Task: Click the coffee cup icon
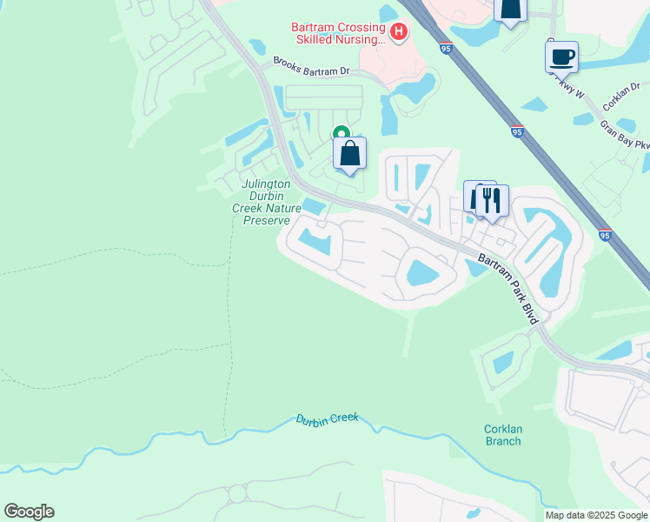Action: (561, 57)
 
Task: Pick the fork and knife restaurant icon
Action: (492, 200)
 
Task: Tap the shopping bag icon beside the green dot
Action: (349, 154)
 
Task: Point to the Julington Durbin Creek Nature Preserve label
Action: (266, 203)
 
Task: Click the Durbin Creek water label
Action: (328, 418)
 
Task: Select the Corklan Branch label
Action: (503, 434)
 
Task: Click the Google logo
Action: (29, 511)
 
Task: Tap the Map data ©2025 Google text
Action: (595, 515)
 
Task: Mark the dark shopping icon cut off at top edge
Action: (510, 9)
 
